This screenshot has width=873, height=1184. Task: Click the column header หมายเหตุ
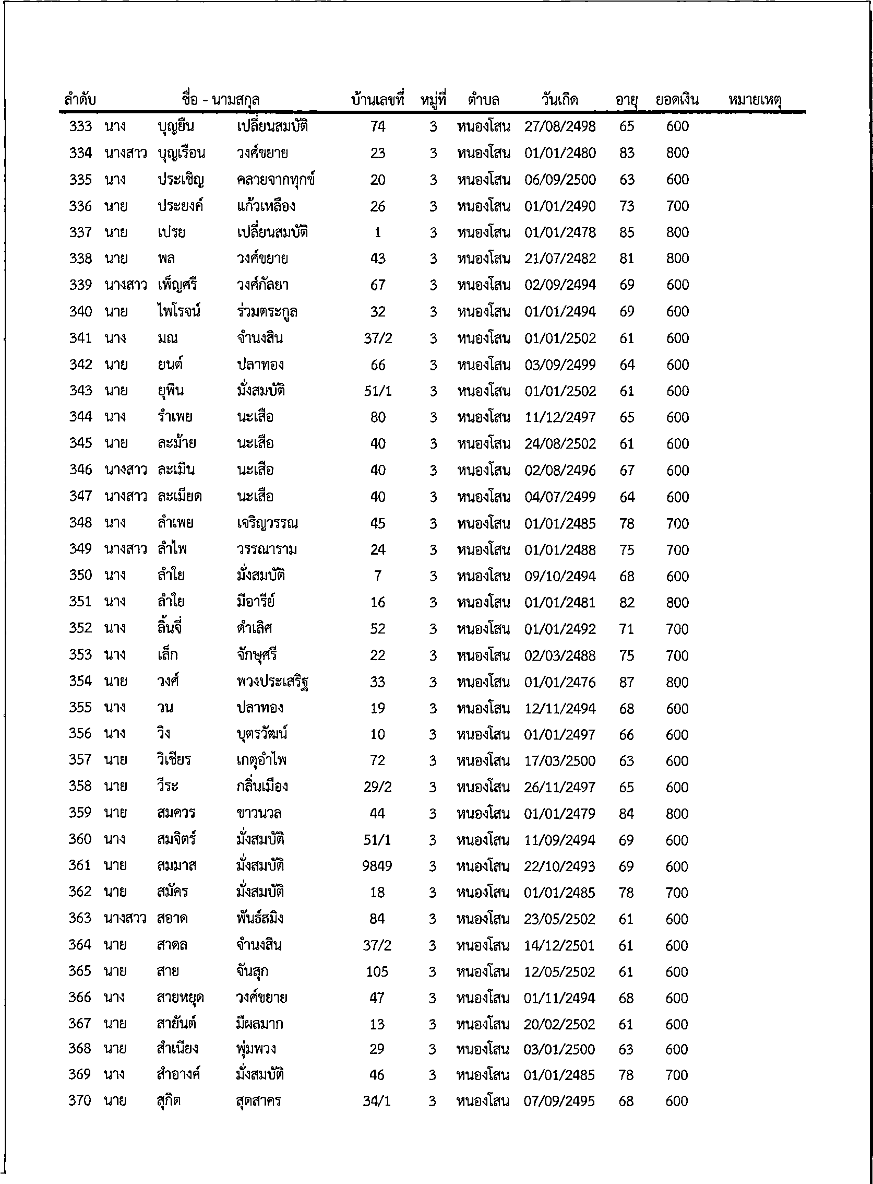pos(754,99)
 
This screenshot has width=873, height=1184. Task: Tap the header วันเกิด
pos(559,99)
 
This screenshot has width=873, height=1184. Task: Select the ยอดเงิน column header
pos(676,99)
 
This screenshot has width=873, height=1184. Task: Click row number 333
pos(80,126)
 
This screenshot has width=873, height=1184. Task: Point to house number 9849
pos(377,866)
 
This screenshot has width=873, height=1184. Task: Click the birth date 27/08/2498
pos(559,126)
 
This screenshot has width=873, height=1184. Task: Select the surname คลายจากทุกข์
pos(276,180)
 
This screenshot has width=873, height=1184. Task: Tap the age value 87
pos(626,682)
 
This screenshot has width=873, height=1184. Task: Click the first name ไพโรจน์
pos(178,311)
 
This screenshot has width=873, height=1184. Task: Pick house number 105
pos(377,972)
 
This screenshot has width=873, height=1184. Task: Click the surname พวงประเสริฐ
pos(272,682)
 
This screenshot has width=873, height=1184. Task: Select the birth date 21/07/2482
pos(559,259)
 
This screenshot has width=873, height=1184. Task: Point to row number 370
pos(79,1100)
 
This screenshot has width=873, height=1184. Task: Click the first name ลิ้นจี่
pos(169,629)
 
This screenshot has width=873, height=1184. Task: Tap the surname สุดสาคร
pos(258,1100)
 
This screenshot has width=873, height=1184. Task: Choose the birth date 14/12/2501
pos(559,945)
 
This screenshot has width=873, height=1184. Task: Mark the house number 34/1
pos(376,1100)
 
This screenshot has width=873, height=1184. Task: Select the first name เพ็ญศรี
pos(177,285)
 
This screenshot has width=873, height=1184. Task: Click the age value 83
pos(627,153)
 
